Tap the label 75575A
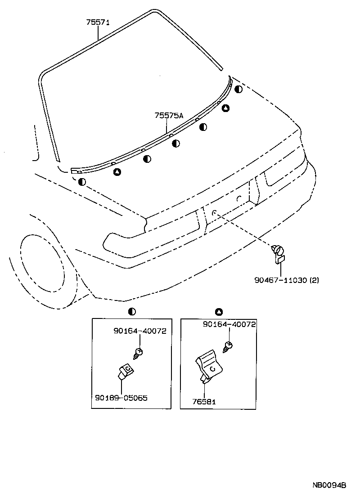pos(169,116)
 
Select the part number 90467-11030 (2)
pos(287,280)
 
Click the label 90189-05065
pos(121,398)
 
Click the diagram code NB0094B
pos(329,485)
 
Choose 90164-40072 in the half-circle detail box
pos(140,331)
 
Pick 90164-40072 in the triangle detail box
pos(229,324)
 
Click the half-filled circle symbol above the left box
pos(131,311)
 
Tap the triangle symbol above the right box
pos(219,311)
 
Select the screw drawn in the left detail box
pos(138,353)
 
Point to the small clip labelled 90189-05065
pos(126,371)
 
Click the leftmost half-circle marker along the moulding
pos(81,182)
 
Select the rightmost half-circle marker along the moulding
pos(238,89)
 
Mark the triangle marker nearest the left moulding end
pos(117,171)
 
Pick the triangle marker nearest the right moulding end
pos(225,108)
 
